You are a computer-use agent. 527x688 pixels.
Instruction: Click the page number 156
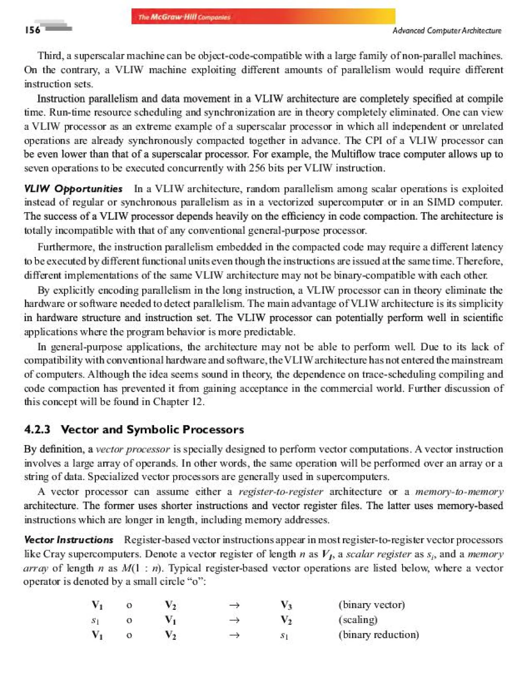pos(32,30)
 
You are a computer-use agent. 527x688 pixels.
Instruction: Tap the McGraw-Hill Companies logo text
pos(184,17)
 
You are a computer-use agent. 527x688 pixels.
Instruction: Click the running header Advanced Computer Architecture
pos(447,30)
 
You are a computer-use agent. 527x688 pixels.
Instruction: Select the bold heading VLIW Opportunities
pos(73,189)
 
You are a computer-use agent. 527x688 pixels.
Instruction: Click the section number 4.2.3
pos(37,429)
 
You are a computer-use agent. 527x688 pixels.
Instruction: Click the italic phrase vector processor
pos(133,449)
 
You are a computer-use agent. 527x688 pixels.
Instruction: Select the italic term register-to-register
pos(280,492)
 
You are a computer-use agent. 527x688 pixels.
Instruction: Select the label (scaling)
pos(358,620)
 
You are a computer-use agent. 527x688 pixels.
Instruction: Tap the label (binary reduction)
pos(379,635)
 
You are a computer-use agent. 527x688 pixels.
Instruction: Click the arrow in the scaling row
pos(234,620)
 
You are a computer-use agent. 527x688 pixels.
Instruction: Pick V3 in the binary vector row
pos(286,605)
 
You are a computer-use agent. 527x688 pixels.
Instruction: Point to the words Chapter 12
pos(179,402)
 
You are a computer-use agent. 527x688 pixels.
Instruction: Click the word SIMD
pos(441,202)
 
